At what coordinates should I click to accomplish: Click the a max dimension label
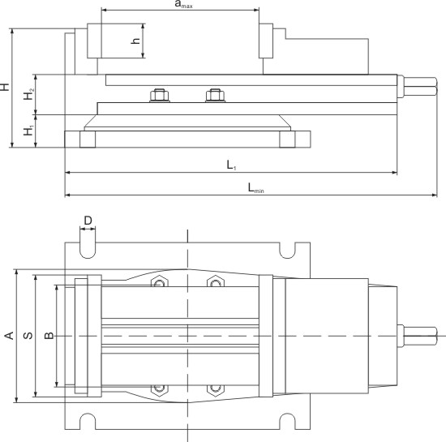click(183, 5)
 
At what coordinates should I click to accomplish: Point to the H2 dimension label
click(30, 94)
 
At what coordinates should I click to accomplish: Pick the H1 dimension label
click(30, 131)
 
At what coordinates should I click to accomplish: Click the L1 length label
click(231, 165)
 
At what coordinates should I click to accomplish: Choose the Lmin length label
click(255, 189)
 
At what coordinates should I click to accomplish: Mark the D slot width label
click(88, 221)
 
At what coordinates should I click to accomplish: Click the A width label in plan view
click(8, 335)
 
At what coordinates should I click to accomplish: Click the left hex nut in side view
click(159, 96)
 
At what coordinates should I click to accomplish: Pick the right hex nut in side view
click(215, 96)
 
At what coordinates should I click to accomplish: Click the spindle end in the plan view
click(417, 335)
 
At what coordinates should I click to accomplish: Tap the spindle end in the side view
click(418, 86)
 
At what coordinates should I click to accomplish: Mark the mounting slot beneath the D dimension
click(88, 247)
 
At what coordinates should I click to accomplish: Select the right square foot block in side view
click(287, 139)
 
